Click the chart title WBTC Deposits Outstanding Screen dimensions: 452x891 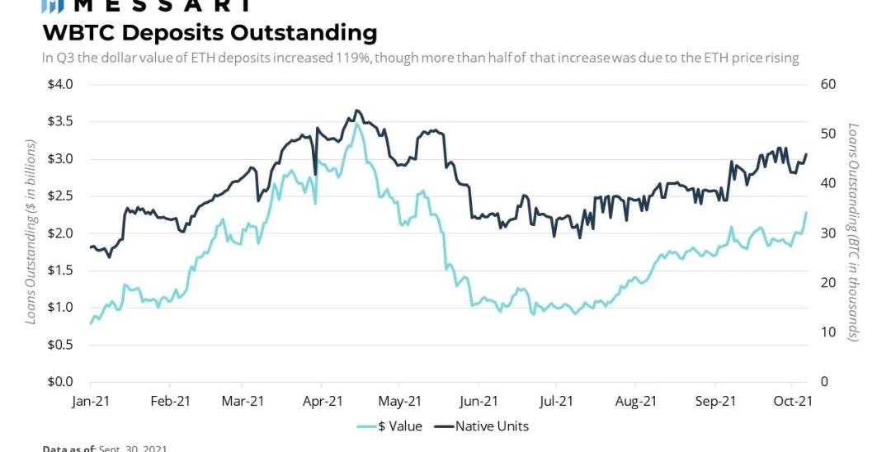tap(210, 33)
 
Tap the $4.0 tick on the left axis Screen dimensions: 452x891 tap(61, 84)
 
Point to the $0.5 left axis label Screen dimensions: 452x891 tap(61, 345)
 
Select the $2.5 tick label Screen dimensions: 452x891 tap(61, 195)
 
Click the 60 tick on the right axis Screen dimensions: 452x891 tap(827, 84)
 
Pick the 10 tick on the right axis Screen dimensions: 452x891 tap(827, 332)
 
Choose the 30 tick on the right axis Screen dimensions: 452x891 tap(827, 233)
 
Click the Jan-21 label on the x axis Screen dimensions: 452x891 tap(90, 402)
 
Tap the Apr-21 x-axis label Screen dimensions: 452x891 tap(323, 402)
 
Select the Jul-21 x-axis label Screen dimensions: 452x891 tap(556, 402)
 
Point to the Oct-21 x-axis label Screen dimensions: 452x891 tap(793, 402)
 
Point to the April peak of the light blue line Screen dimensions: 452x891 tap(356, 124)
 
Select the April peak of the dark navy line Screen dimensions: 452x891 tap(356, 110)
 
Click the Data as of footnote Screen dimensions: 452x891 tap(105, 448)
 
